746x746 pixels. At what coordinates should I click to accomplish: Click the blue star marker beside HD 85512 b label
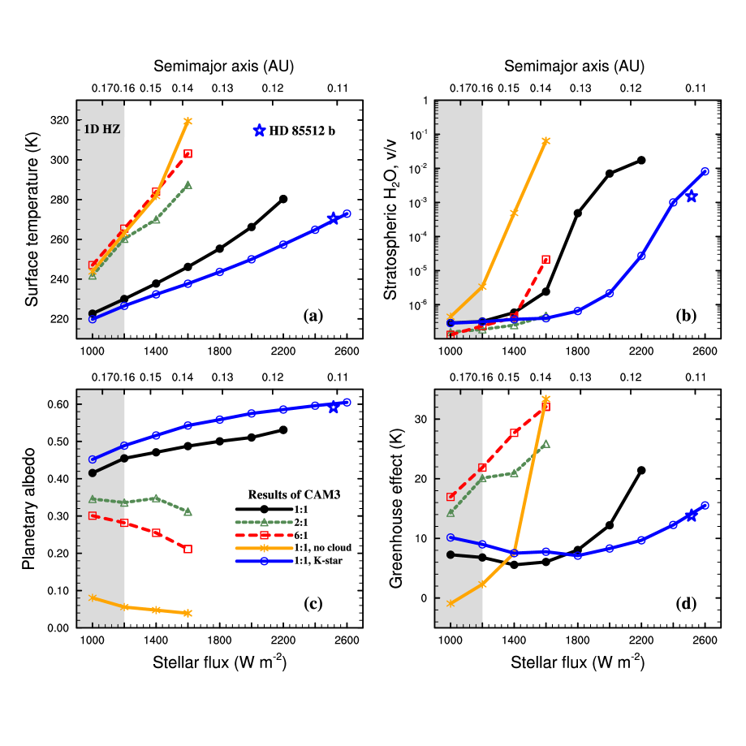tap(259, 131)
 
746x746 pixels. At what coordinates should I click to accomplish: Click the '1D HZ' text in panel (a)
tap(102, 127)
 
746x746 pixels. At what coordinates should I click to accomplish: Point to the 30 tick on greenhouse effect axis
tap(422, 419)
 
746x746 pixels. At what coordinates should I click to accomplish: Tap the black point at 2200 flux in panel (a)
tap(283, 199)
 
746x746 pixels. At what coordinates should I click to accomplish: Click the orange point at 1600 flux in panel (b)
tap(545, 140)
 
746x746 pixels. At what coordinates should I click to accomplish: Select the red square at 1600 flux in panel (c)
tap(188, 549)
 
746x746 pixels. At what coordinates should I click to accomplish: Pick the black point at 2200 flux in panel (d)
tap(641, 470)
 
